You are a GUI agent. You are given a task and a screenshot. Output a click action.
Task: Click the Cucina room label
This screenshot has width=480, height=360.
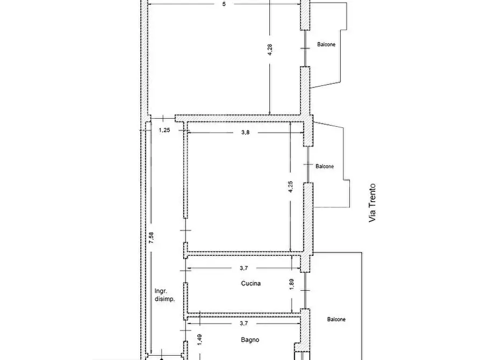250,284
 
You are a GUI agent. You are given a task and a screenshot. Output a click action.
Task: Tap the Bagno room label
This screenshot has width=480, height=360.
250,340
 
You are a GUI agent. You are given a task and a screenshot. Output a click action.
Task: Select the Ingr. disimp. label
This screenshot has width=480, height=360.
164,295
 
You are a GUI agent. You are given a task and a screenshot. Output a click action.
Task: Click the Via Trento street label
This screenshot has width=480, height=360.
372,203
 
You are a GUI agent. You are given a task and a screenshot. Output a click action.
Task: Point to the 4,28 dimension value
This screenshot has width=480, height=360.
270,49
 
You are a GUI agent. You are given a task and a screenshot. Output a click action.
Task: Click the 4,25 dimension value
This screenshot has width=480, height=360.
290,187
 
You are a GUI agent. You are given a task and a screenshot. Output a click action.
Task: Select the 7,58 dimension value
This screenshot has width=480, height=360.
151,238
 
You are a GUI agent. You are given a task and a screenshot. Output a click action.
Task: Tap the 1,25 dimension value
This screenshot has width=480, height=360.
164,130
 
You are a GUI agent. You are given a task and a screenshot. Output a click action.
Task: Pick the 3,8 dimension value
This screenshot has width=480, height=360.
245,133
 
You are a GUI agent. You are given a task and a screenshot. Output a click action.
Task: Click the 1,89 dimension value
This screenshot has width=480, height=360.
291,284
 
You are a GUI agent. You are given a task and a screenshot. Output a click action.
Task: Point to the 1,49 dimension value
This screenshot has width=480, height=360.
199,340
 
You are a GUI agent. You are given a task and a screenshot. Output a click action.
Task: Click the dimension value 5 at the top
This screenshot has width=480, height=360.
224,4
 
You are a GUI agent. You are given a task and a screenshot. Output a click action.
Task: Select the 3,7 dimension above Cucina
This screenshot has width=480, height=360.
243,268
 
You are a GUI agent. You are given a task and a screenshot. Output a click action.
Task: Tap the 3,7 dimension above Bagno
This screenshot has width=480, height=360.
243,323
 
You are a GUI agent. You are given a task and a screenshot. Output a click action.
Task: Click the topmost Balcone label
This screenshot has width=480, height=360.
326,45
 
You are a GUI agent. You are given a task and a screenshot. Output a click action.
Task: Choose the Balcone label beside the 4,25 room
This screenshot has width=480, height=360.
325,167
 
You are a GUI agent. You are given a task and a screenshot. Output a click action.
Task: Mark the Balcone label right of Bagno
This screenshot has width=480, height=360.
336,319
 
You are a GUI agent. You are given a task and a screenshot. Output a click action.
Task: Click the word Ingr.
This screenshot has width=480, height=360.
161,291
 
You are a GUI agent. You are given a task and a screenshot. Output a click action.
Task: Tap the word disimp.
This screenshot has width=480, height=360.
164,299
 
